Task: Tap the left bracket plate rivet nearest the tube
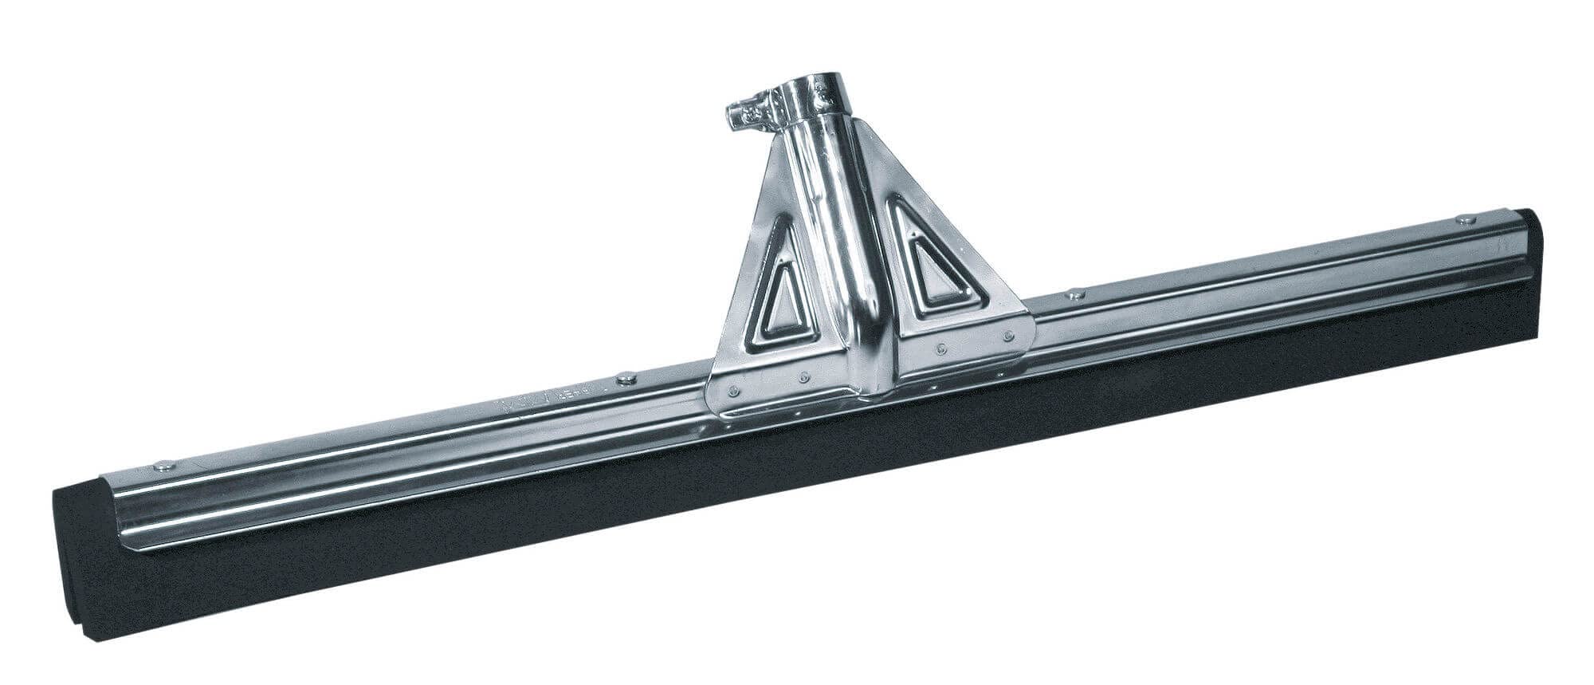(x=806, y=375)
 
